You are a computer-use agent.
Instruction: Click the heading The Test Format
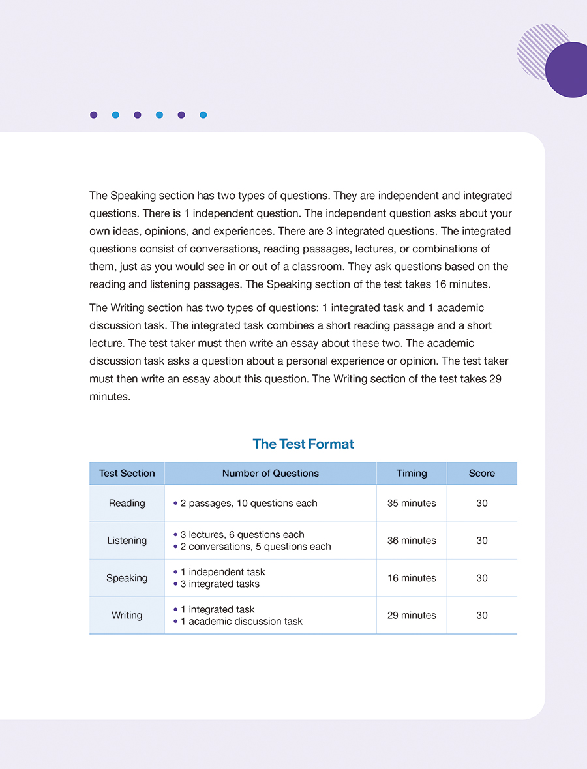click(303, 444)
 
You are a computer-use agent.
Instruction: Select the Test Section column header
click(127, 474)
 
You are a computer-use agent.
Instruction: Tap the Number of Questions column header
click(271, 474)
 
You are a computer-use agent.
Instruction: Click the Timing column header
click(412, 474)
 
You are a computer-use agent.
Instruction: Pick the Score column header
click(482, 474)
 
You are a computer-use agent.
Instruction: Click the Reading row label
click(127, 504)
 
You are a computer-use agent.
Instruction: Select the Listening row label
click(127, 541)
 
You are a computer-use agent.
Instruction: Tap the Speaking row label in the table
click(127, 578)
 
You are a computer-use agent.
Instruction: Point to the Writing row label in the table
click(127, 615)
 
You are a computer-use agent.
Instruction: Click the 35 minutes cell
click(412, 504)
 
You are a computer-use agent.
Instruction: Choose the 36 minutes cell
click(412, 541)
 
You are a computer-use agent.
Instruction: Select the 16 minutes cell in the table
click(412, 578)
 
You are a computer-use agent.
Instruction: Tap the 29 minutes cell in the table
click(412, 615)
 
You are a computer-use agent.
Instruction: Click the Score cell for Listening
click(482, 541)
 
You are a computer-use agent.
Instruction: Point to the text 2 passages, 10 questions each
click(248, 504)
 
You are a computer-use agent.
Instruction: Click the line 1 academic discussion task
click(241, 622)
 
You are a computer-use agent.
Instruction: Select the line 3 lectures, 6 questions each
click(242, 535)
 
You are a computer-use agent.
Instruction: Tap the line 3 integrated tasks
click(220, 584)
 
